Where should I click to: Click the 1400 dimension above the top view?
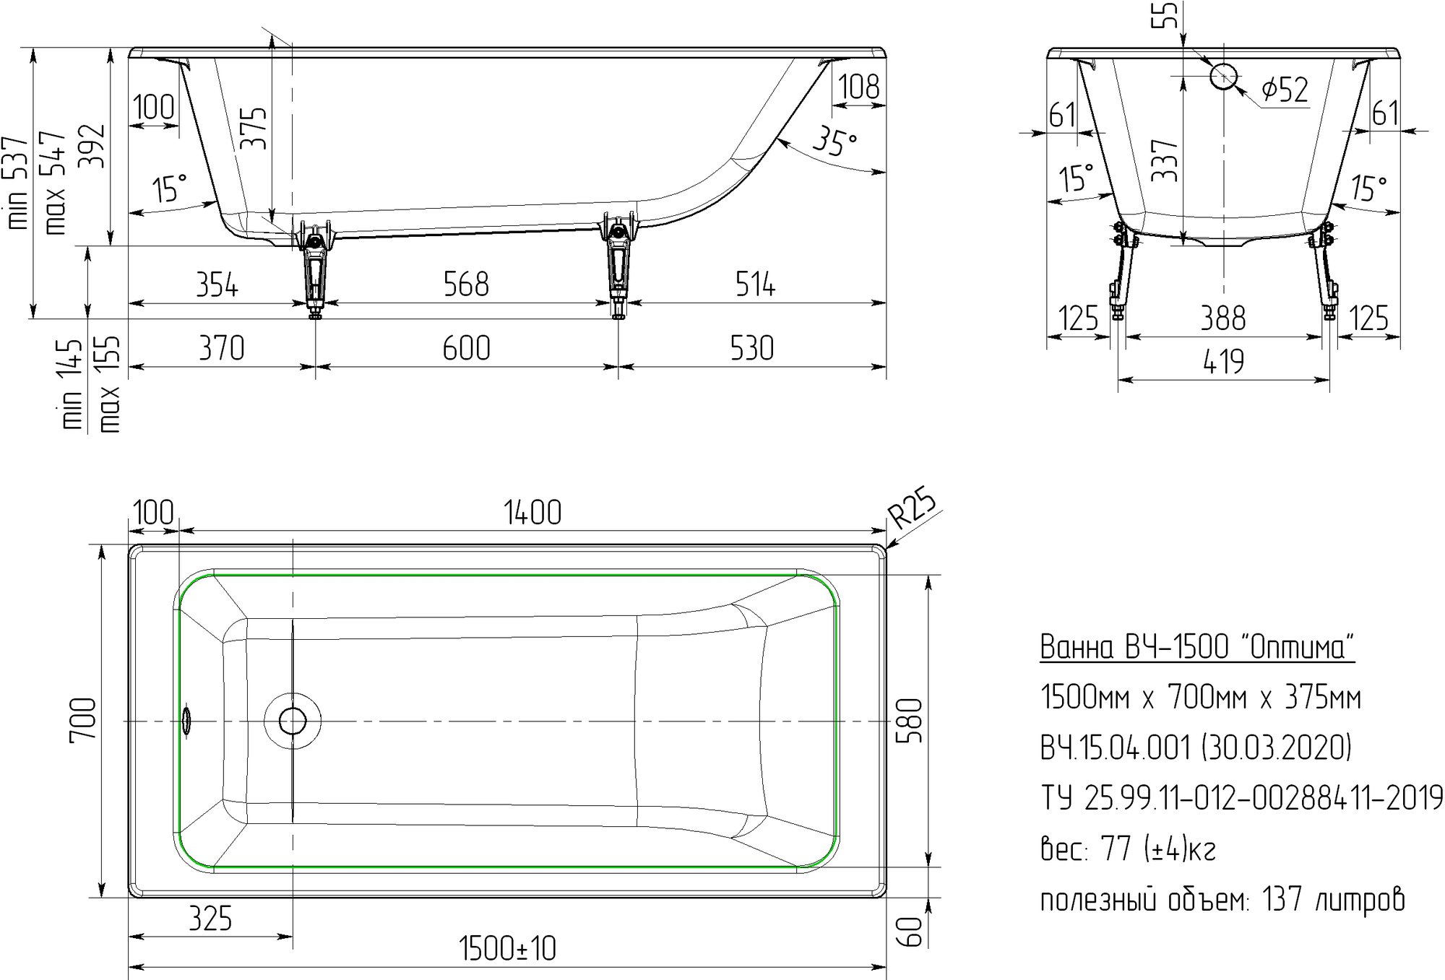pos(532,513)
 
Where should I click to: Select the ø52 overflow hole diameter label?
pos(1285,90)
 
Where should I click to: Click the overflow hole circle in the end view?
pos(1224,76)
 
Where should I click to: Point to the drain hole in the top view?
pos(292,721)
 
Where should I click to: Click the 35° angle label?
pos(834,141)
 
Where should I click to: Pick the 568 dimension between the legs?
pos(466,285)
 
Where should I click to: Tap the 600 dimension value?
pos(467,348)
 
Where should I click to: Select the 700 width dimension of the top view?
pos(83,719)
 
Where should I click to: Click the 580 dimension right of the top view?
pos(910,720)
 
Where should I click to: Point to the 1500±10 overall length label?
pos(508,949)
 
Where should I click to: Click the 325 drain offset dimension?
pos(211,919)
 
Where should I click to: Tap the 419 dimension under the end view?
pos(1224,362)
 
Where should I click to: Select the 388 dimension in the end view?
pos(1223,318)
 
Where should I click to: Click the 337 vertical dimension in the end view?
pos(1165,160)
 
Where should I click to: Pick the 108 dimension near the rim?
pos(859,87)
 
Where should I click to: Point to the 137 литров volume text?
pos(1334,900)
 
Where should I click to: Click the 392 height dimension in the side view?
pos(92,147)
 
